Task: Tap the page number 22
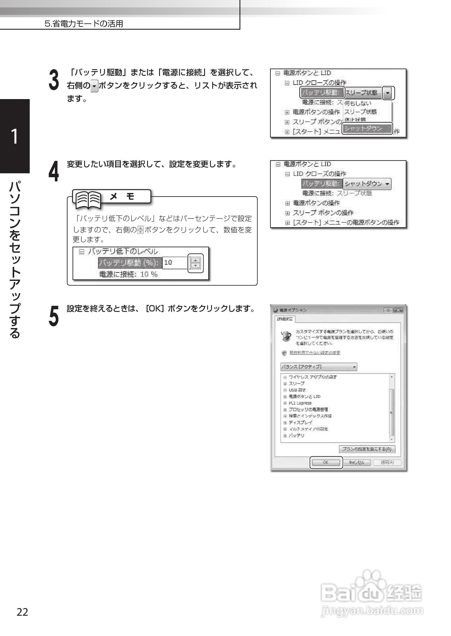pyautogui.click(x=22, y=612)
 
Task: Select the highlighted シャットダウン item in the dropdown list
pyautogui.click(x=367, y=128)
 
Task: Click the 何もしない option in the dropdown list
pyautogui.click(x=358, y=103)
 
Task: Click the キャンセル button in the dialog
pyautogui.click(x=357, y=462)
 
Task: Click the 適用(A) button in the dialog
pyautogui.click(x=387, y=462)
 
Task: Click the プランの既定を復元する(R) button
pyautogui.click(x=367, y=449)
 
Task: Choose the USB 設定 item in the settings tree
pyautogui.click(x=297, y=390)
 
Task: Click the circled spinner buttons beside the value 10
pyautogui.click(x=196, y=263)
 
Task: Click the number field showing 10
pyautogui.click(x=174, y=263)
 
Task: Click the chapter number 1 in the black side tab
pyautogui.click(x=14, y=136)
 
